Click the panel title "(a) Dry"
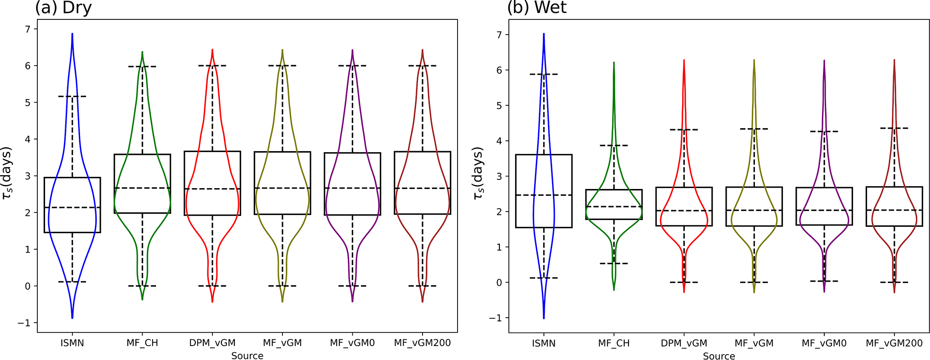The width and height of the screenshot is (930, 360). click(x=63, y=8)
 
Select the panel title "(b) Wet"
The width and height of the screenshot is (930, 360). click(x=536, y=8)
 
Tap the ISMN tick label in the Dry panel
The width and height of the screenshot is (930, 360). click(x=72, y=343)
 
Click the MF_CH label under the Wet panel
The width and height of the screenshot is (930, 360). click(x=614, y=343)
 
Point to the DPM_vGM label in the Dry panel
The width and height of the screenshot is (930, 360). click(x=212, y=343)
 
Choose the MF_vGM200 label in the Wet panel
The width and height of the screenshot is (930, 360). click(x=894, y=343)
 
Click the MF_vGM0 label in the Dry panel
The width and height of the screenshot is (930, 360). click(x=352, y=343)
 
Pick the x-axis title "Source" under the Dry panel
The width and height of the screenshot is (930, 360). click(x=247, y=355)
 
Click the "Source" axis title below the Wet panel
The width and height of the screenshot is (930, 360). click(x=719, y=356)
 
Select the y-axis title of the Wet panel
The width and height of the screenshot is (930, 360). click(x=479, y=173)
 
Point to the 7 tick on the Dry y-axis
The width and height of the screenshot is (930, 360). click(x=28, y=29)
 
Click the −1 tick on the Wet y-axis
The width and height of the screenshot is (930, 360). click(x=495, y=318)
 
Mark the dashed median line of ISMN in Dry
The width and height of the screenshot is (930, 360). click(x=72, y=207)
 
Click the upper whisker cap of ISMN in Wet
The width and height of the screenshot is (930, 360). click(x=544, y=74)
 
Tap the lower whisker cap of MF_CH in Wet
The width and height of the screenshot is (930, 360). click(x=614, y=263)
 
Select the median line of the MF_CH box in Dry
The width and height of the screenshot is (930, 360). click(x=142, y=188)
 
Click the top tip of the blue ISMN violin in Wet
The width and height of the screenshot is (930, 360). click(x=544, y=34)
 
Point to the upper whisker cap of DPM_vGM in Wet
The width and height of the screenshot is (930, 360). click(x=684, y=130)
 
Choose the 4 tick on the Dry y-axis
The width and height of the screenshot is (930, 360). click(x=28, y=139)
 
